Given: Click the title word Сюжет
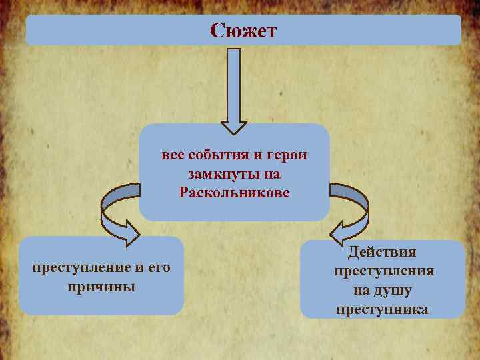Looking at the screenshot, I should pyautogui.click(x=243, y=31).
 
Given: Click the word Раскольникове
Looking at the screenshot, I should pyautogui.click(x=234, y=193).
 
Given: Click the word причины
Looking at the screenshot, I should pyautogui.click(x=101, y=287).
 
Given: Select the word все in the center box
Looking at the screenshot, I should pyautogui.click(x=173, y=155).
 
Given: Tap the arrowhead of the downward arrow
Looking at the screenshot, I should pyautogui.click(x=234, y=127).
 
